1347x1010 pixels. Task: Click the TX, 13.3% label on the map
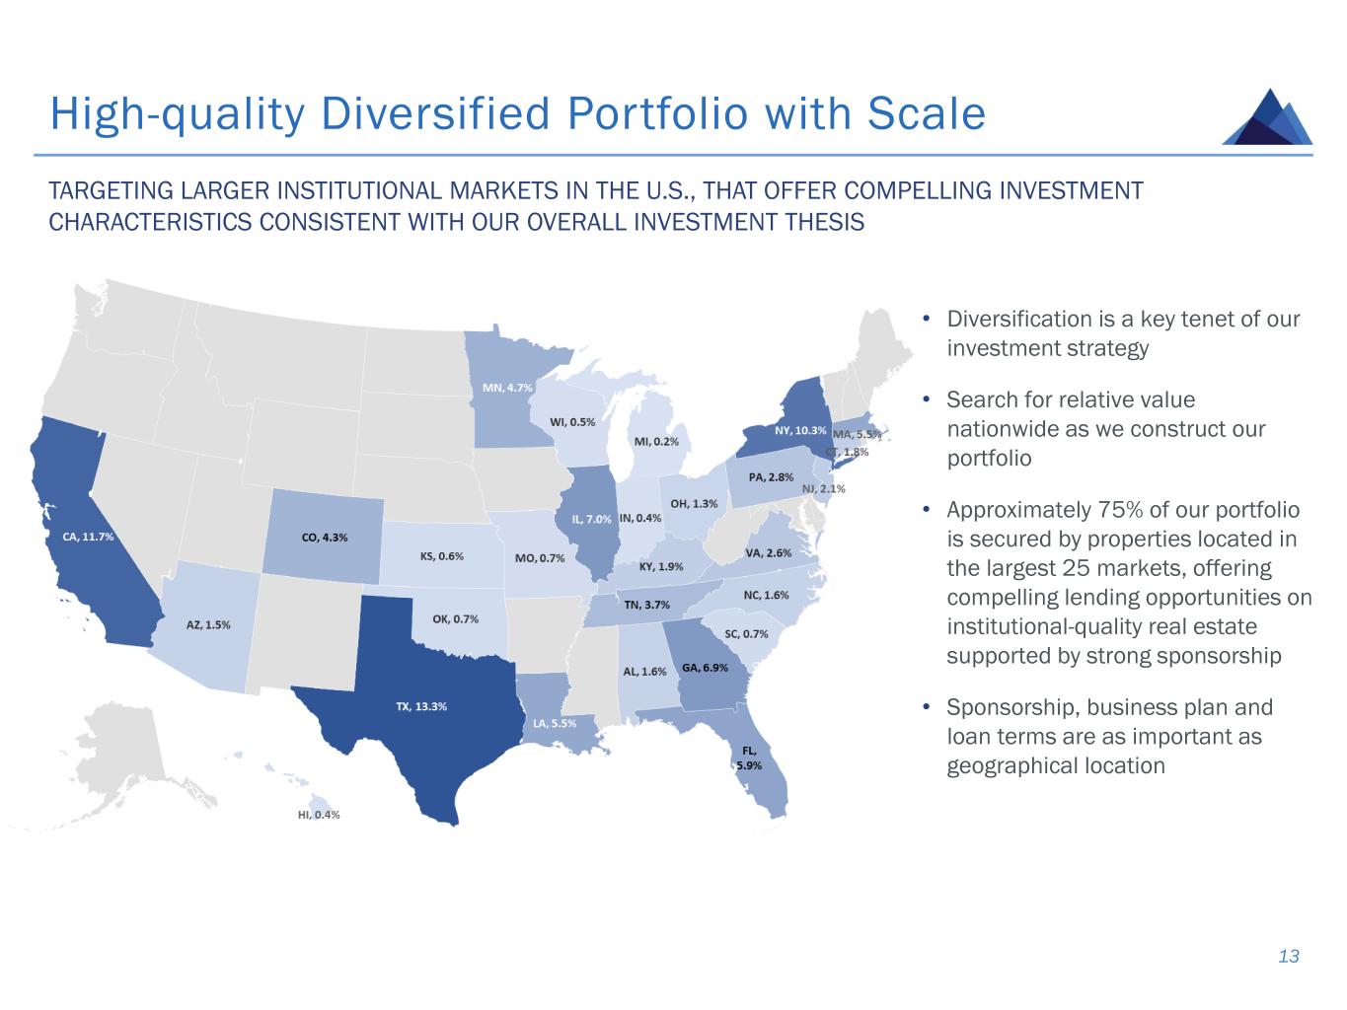[x=421, y=706]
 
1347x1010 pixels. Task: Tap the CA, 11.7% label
[x=89, y=537]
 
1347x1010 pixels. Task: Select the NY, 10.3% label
[x=800, y=430]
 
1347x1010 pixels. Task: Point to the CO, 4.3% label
[x=325, y=538]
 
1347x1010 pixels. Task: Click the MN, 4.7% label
[x=507, y=388]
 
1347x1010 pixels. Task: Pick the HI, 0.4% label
[x=319, y=815]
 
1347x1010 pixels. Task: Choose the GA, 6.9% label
[x=706, y=667]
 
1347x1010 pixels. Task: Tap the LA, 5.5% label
[x=555, y=723]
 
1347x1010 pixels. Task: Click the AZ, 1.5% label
[x=208, y=625]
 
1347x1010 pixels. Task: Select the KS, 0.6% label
[x=442, y=556]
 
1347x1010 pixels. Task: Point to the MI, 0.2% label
[x=656, y=442]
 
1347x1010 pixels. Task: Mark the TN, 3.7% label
[x=646, y=605]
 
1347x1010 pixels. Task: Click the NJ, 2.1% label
[x=824, y=489]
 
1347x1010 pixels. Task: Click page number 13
[x=1289, y=956]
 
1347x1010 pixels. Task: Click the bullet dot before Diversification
[x=926, y=319]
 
